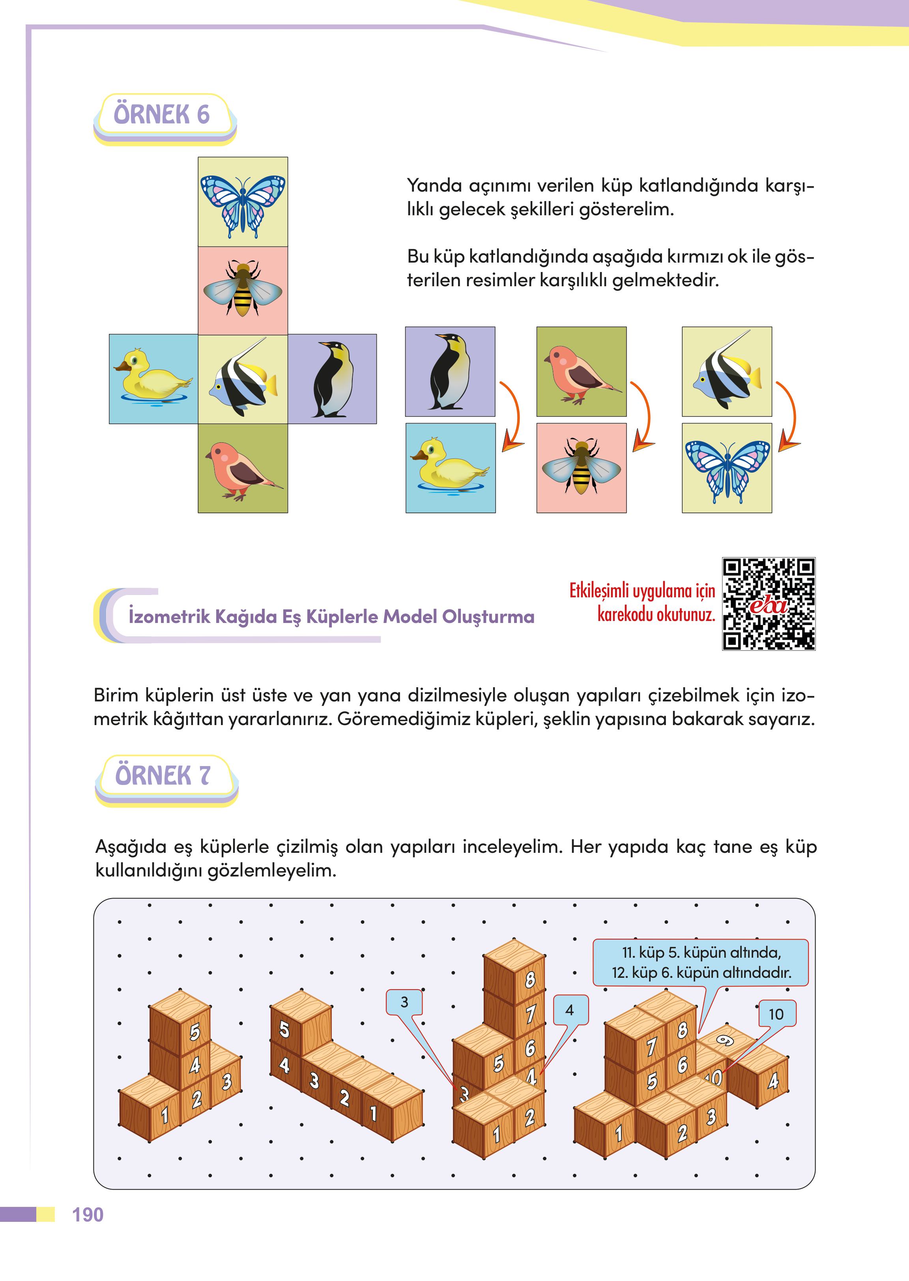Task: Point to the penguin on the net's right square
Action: tap(333, 379)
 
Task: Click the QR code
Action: tap(769, 604)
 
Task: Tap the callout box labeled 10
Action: tap(776, 1014)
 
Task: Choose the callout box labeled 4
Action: tap(570, 1010)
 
